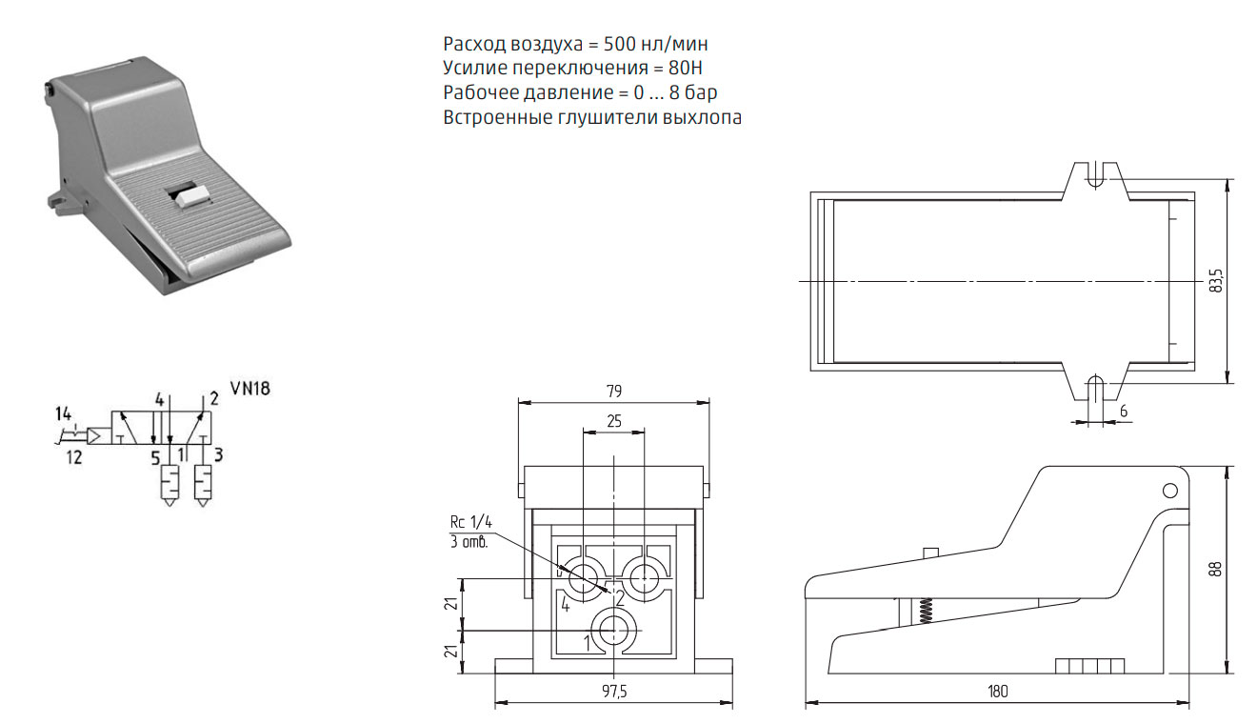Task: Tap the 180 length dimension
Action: click(x=998, y=691)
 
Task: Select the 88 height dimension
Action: click(x=1215, y=569)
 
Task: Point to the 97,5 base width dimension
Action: click(x=614, y=691)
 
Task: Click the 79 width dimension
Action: click(x=614, y=391)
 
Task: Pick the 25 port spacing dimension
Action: click(x=614, y=421)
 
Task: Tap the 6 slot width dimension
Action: click(x=1124, y=412)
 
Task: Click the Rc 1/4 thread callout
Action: click(x=470, y=522)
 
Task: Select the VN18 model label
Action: click(x=250, y=389)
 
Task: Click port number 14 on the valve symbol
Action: click(x=64, y=414)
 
